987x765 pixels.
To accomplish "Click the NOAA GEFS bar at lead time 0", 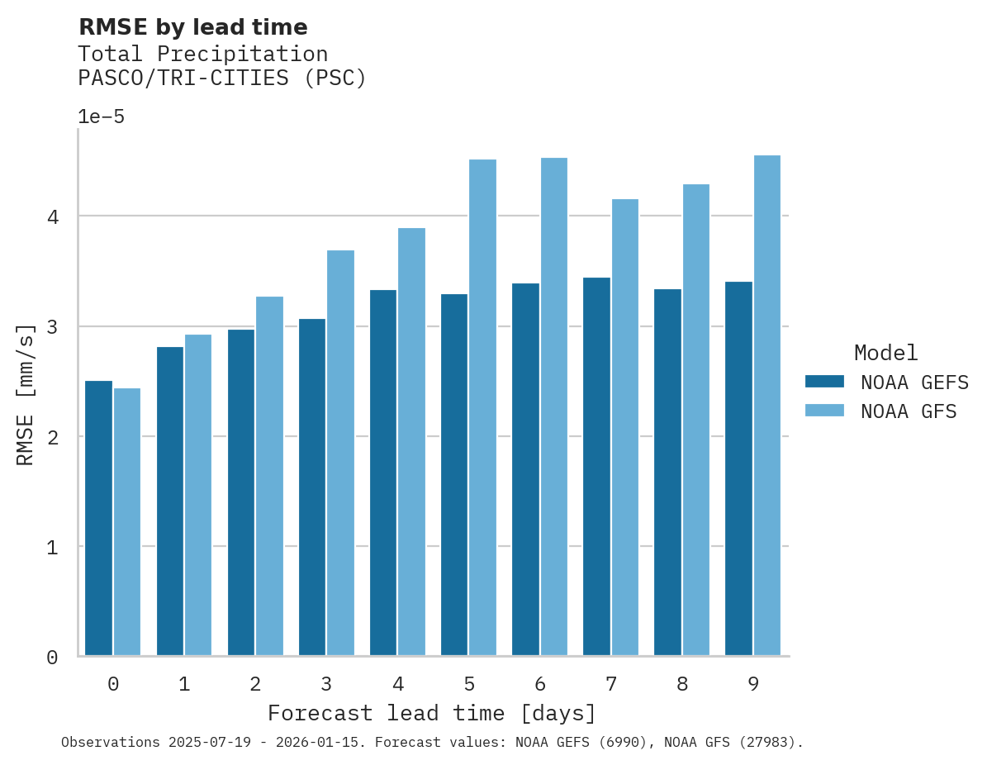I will tap(98, 518).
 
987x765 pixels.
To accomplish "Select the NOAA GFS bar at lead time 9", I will tap(767, 406).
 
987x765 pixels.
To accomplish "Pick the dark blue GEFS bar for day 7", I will tap(596, 467).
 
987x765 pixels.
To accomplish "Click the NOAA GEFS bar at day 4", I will tap(383, 473).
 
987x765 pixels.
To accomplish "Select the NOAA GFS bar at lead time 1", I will tap(198, 495).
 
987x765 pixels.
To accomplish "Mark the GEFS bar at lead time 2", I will tap(241, 492).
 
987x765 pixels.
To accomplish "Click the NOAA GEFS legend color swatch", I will tap(824, 382).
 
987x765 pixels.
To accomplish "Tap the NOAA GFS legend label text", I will tap(909, 411).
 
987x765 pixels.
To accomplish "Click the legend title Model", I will tap(885, 353).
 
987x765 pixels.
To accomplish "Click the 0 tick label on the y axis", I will tap(51, 658).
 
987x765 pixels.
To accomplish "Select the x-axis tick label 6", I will tap(540, 684).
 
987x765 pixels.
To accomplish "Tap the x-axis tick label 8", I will tap(682, 684).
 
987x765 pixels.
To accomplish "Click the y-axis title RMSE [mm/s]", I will tap(26, 394).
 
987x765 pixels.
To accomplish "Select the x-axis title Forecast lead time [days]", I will tap(432, 713).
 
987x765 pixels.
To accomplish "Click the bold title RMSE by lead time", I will tap(192, 27).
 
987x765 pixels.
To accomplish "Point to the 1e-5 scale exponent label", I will tap(101, 116).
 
